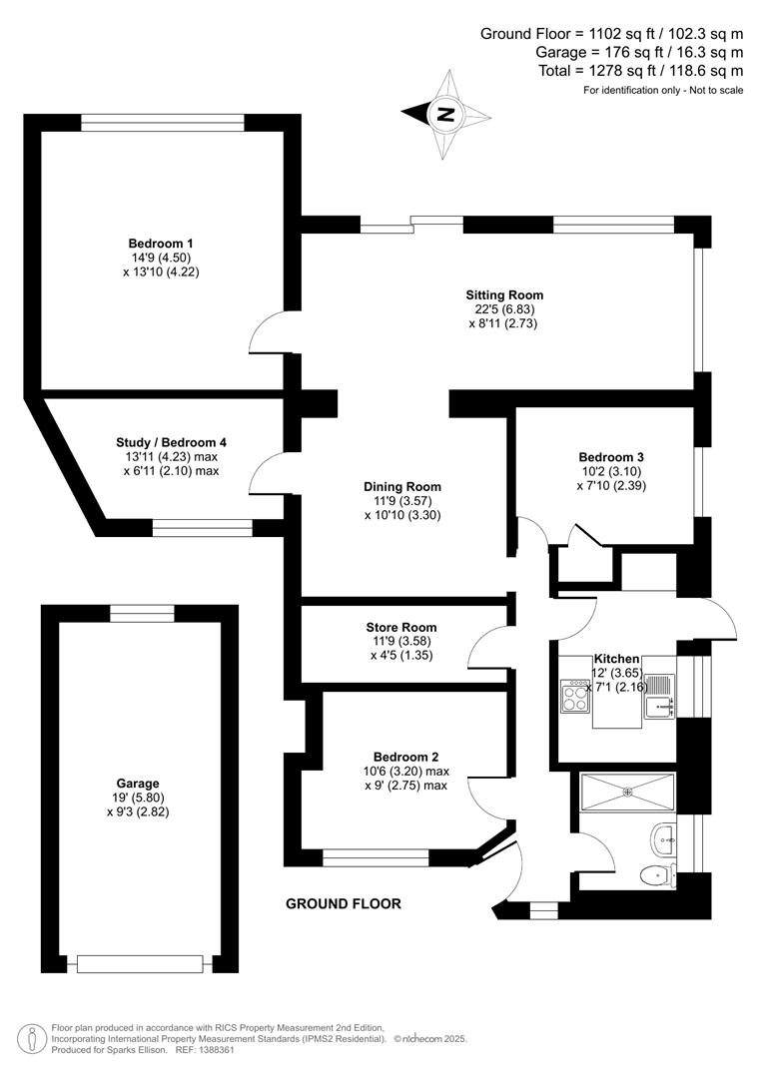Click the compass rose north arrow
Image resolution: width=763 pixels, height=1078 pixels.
coord(446,113)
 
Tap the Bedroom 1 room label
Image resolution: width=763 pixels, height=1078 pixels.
coord(161,244)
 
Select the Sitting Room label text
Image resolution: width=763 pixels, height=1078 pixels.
coord(504,294)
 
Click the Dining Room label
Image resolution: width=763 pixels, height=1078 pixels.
coord(402,487)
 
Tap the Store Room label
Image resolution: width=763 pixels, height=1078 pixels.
coord(401,628)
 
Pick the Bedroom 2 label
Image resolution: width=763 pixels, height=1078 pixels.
coord(406,757)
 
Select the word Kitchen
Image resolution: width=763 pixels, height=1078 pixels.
coord(616,660)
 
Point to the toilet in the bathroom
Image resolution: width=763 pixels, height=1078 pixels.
coord(655,875)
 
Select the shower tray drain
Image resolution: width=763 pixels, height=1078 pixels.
coord(628,793)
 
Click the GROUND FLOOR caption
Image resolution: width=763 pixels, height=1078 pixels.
coord(344,904)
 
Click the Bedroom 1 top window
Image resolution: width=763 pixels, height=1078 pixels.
coord(163,122)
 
